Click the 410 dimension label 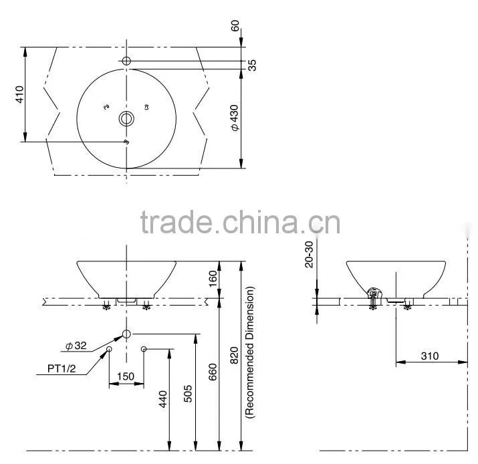pos(19,94)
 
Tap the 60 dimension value pos(235,25)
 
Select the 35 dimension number pos(252,66)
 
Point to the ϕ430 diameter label pos(235,118)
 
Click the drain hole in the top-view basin pos(126,118)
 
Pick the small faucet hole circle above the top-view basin pos(126,61)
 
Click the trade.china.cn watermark pos(240,222)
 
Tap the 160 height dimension pos(213,279)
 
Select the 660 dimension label pos(213,372)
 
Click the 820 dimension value pos(234,356)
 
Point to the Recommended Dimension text pos(249,352)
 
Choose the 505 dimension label pos(188,394)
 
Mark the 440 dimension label pos(163,399)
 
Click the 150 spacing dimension pos(126,376)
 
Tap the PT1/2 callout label pos(62,368)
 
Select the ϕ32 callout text pos(76,346)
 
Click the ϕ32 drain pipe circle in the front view pos(126,334)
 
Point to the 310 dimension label pos(430,356)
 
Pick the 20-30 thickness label pos(309,255)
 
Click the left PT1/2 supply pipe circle pos(109,349)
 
